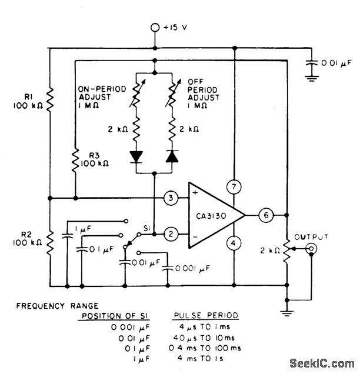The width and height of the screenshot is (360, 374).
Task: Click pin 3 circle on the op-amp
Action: pyautogui.click(x=170, y=198)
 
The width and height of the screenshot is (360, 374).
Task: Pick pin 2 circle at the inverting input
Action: pyautogui.click(x=170, y=233)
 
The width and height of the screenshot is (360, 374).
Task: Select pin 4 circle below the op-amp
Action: pyautogui.click(x=234, y=242)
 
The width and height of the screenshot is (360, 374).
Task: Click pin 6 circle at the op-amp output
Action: pyautogui.click(x=265, y=215)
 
